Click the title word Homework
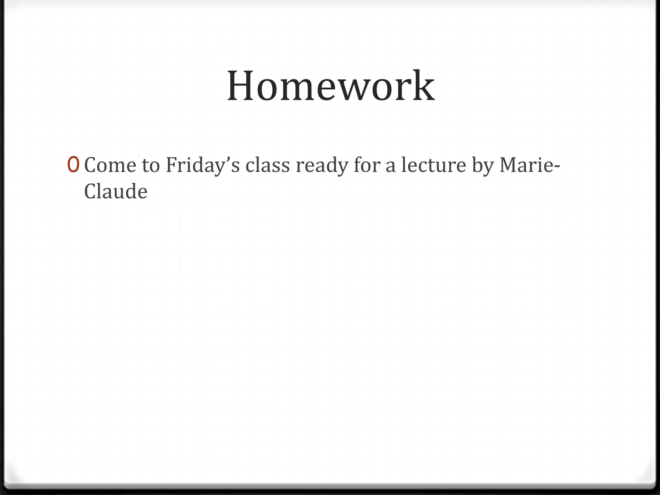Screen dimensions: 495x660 (x=331, y=86)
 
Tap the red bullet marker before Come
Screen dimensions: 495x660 (x=73, y=165)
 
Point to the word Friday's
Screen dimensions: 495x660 (x=203, y=166)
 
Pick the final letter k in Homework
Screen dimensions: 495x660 (x=425, y=86)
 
